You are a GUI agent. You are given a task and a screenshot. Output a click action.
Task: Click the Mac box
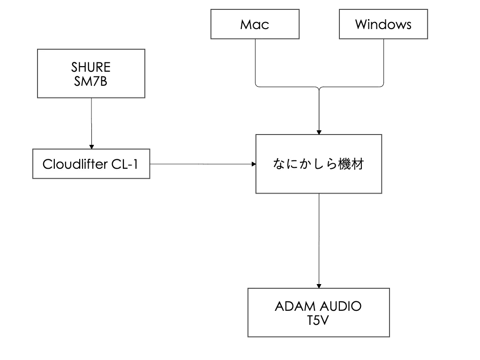(x=255, y=24)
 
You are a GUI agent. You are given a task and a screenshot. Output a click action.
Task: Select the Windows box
(x=383, y=24)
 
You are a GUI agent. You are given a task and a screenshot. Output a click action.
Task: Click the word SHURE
(x=91, y=67)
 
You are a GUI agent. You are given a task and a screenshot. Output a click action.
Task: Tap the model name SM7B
(x=91, y=82)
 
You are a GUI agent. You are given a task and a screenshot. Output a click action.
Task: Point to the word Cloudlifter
(x=75, y=164)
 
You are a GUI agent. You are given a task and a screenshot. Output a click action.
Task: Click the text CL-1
(x=125, y=164)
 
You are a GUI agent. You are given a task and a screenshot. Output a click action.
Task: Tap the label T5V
(x=318, y=321)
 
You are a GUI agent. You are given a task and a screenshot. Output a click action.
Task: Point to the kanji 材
(x=358, y=164)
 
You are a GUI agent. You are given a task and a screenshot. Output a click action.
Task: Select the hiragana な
(x=279, y=164)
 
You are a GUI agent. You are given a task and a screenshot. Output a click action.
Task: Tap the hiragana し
(x=317, y=164)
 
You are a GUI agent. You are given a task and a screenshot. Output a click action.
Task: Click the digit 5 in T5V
(x=319, y=321)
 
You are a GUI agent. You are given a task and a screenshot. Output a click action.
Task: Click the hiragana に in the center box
(x=292, y=164)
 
